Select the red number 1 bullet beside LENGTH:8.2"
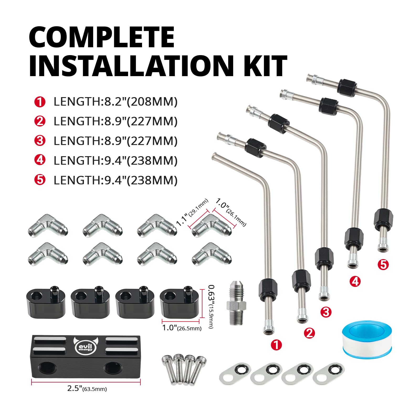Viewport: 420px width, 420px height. click(x=40, y=102)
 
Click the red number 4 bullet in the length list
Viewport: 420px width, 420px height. click(x=40, y=160)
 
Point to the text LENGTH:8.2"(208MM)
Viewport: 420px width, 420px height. click(x=115, y=102)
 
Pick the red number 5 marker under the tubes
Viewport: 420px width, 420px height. click(x=383, y=265)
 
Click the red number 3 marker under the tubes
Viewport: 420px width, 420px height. click(x=326, y=312)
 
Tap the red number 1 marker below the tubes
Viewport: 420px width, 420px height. click(x=276, y=345)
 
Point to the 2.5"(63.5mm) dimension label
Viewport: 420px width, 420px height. click(x=87, y=388)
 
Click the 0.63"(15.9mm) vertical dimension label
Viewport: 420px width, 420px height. click(x=210, y=307)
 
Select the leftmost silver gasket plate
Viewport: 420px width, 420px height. click(x=235, y=373)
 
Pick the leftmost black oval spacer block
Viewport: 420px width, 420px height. click(x=46, y=302)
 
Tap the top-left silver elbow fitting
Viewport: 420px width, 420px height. click(x=48, y=225)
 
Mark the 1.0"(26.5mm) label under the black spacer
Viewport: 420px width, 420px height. click(x=182, y=328)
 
